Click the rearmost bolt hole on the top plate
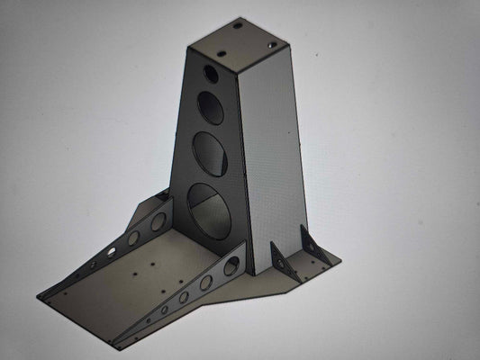(x=238, y=26)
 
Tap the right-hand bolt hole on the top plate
(x=271, y=42)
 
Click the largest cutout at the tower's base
(x=213, y=208)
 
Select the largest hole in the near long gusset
(x=231, y=265)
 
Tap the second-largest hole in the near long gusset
(x=206, y=283)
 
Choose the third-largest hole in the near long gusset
(x=185, y=296)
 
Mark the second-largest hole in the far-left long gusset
(x=133, y=238)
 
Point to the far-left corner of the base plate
(x=40, y=295)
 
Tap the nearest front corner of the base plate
(x=115, y=346)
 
